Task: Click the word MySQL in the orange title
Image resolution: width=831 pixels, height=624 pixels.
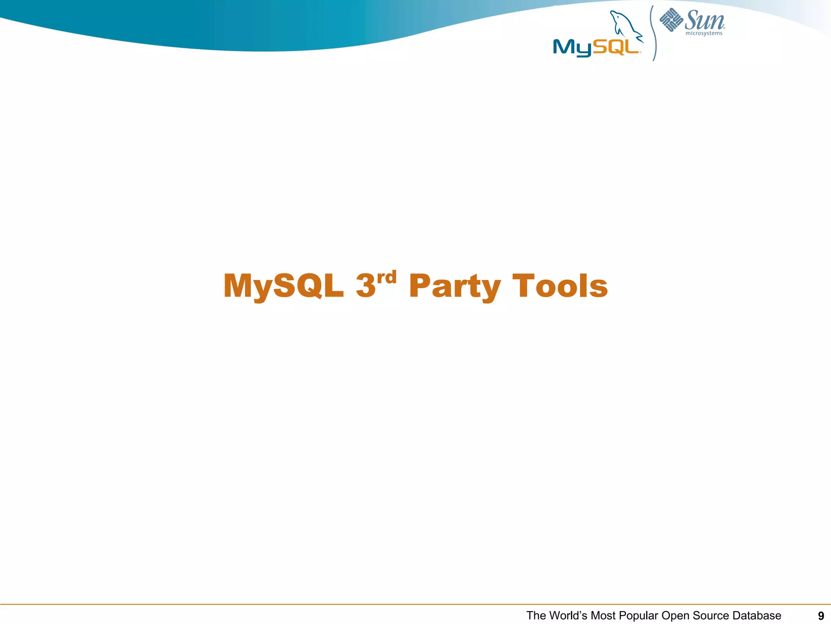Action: [283, 286]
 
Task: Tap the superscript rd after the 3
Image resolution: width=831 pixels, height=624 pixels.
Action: [386, 278]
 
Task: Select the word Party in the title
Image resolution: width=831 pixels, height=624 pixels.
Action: [454, 286]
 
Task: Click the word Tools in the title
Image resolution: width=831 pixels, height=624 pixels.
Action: [560, 286]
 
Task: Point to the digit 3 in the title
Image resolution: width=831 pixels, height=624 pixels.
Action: [366, 286]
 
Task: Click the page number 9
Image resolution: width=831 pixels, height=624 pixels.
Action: [821, 616]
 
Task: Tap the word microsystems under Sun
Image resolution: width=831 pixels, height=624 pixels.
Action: [704, 33]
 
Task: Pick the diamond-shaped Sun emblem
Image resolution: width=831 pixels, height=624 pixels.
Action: [671, 19]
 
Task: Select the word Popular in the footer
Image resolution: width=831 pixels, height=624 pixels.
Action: [638, 616]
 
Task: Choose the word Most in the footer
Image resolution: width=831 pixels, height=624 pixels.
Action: [603, 616]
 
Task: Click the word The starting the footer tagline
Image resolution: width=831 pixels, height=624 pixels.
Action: [536, 616]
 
